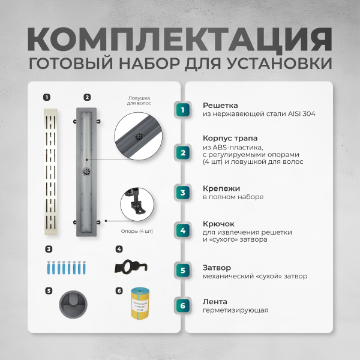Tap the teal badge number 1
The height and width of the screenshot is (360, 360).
pyautogui.click(x=183, y=109)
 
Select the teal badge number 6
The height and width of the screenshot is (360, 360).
pyautogui.click(x=183, y=305)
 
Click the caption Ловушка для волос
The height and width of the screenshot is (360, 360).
pyautogui.click(x=139, y=100)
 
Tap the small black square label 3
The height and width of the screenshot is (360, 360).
pyautogui.click(x=48, y=249)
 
